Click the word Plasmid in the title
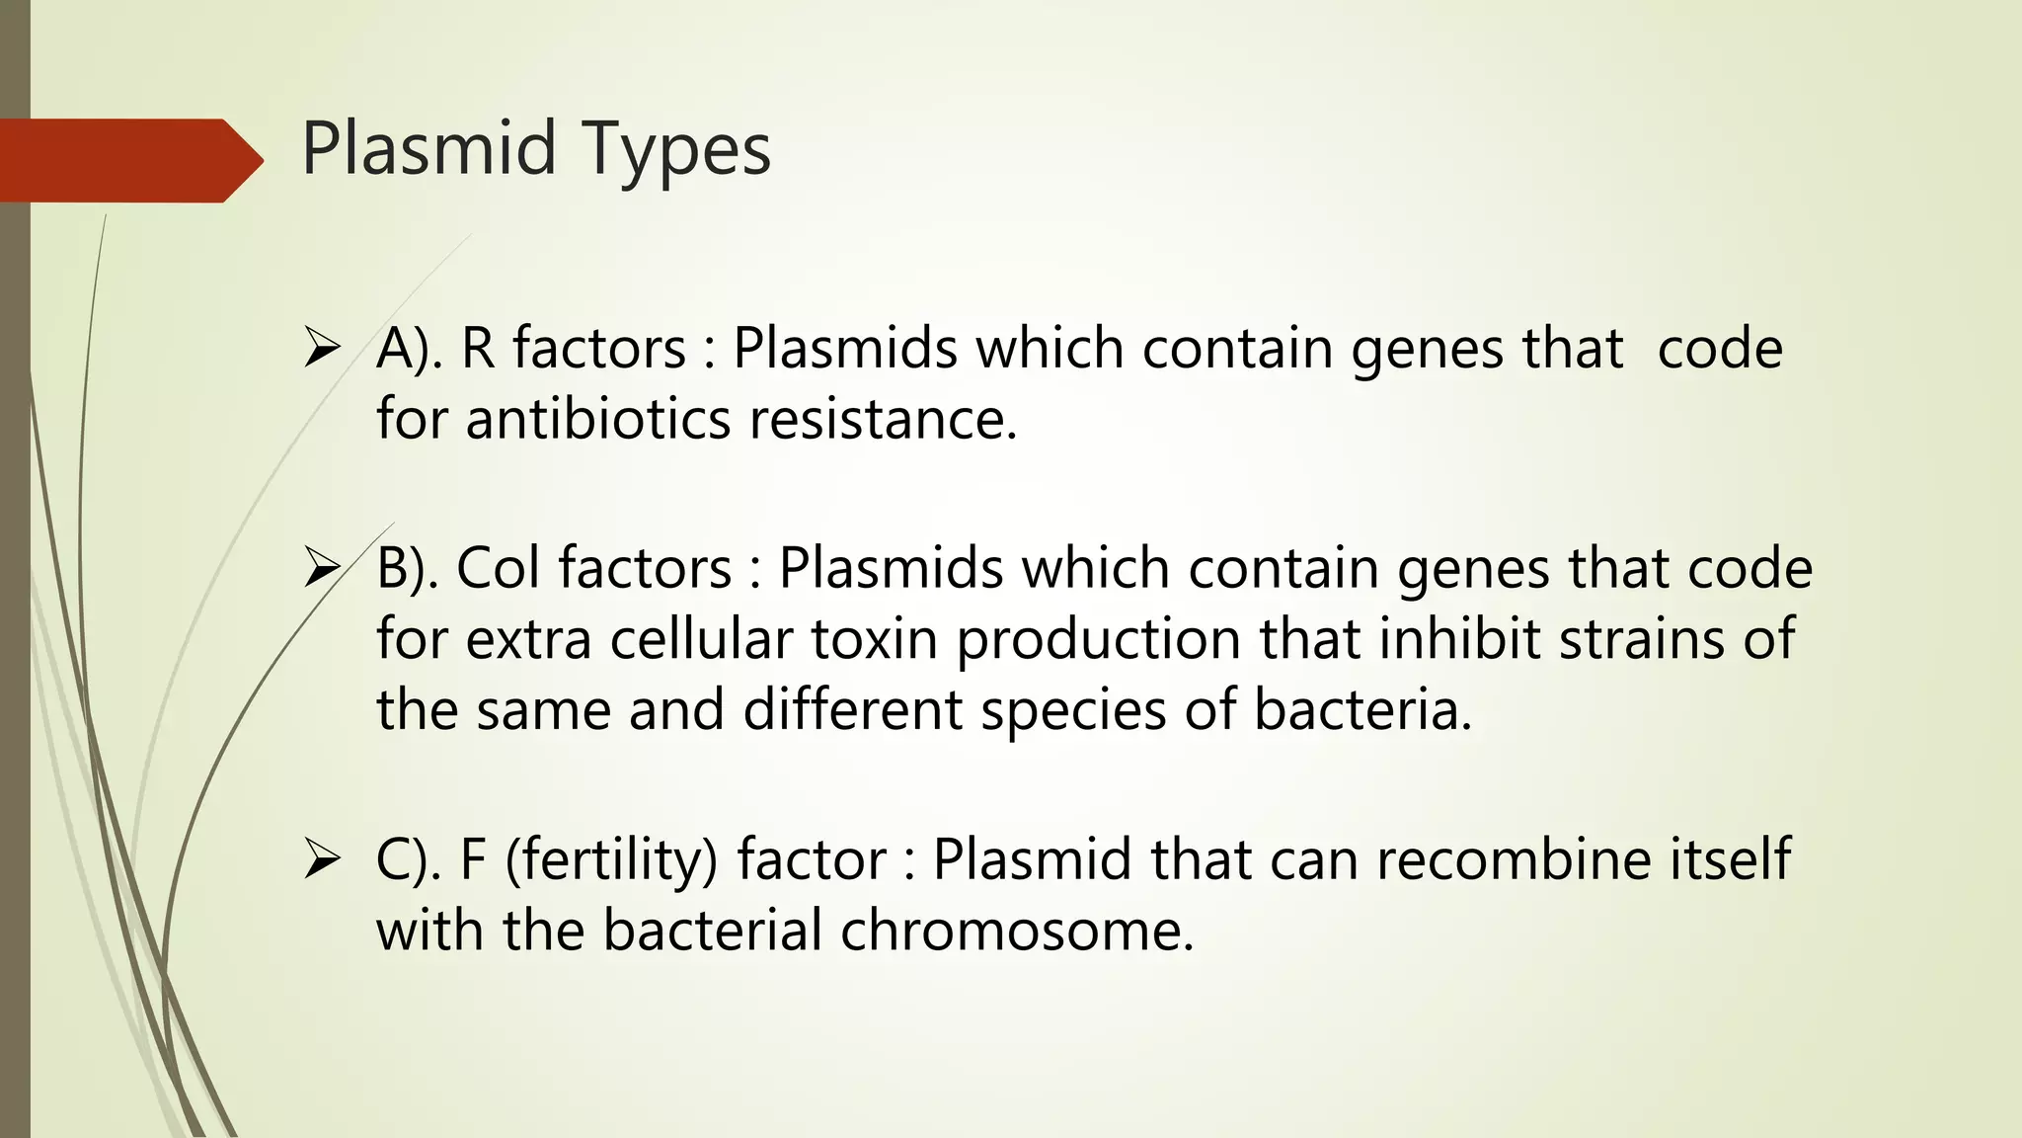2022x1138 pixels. click(x=429, y=148)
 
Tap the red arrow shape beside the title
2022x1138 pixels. click(x=128, y=160)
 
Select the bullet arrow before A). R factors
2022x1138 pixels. click(x=322, y=350)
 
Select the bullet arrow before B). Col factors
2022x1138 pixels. click(x=322, y=569)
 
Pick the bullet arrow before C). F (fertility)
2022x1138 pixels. click(x=322, y=859)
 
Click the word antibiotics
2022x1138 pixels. click(x=598, y=419)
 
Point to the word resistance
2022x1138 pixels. click(x=883, y=419)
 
